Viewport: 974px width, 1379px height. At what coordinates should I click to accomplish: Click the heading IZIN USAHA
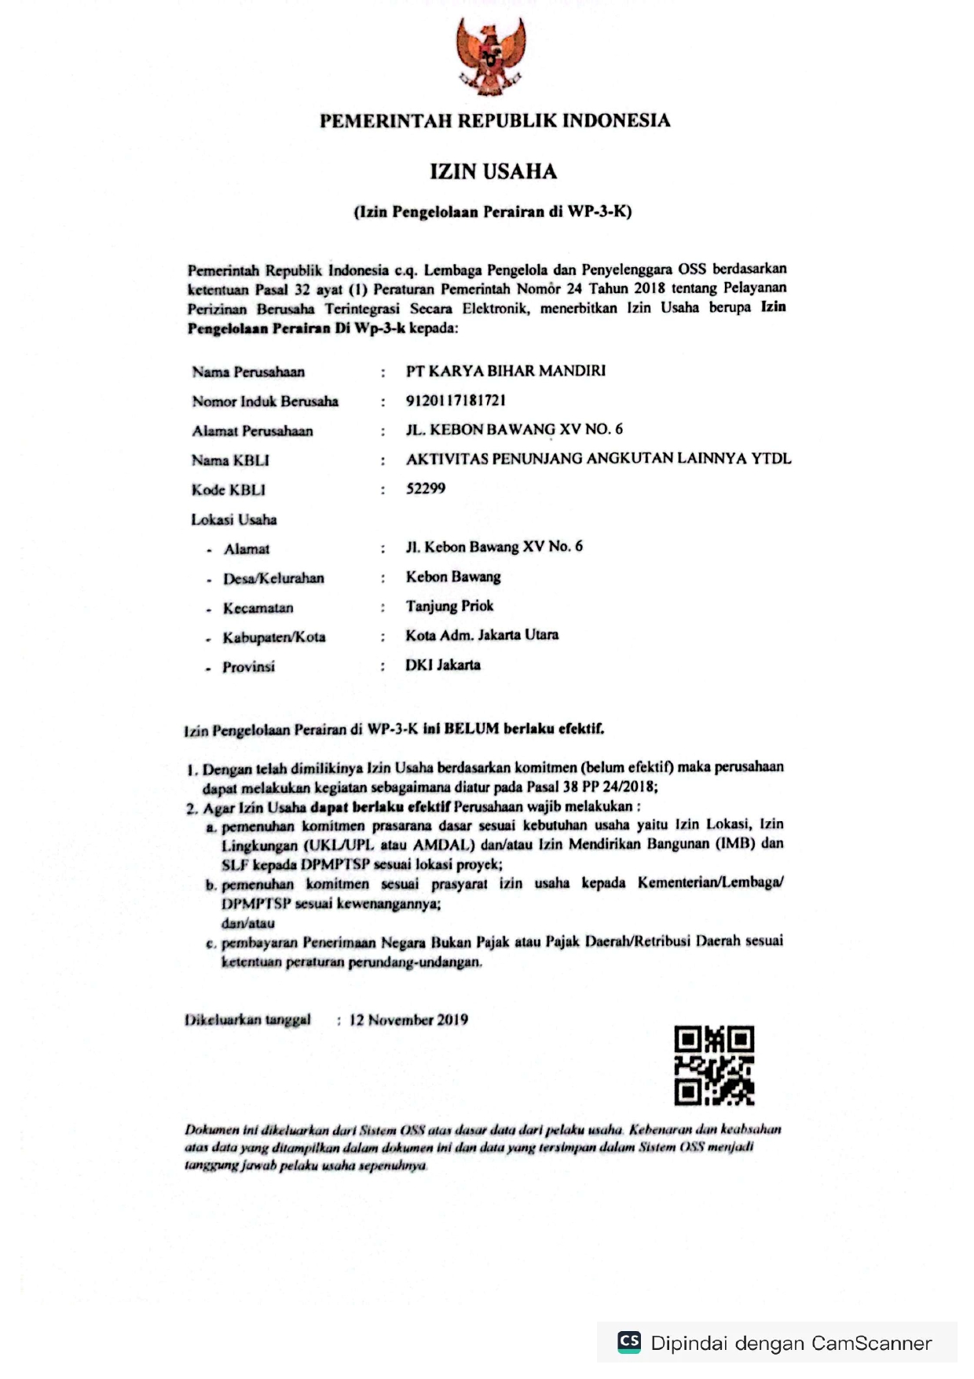(x=493, y=171)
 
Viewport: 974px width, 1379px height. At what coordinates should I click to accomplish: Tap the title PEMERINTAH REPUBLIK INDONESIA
(x=495, y=121)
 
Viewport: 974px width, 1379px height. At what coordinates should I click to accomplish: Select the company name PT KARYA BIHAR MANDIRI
(x=506, y=371)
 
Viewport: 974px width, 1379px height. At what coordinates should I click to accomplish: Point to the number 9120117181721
(x=456, y=401)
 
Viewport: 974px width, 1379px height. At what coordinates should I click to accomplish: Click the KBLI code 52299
(x=426, y=489)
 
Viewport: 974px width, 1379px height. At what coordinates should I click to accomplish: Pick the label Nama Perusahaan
(x=248, y=372)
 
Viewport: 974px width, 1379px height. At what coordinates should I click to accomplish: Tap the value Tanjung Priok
(x=449, y=606)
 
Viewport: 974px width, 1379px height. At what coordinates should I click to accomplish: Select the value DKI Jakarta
(x=443, y=665)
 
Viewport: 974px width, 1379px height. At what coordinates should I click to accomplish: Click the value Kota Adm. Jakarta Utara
(x=482, y=635)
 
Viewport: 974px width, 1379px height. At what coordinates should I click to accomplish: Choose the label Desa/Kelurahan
(x=273, y=578)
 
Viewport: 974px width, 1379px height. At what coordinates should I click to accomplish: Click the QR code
(x=714, y=1065)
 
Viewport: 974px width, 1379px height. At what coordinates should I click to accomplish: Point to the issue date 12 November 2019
(x=408, y=1020)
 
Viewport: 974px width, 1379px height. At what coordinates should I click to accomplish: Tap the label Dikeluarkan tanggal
(x=247, y=1020)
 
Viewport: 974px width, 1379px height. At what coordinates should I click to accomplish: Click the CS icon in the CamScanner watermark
(x=629, y=1341)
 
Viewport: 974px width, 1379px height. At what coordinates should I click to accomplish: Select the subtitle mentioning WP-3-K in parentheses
(x=492, y=211)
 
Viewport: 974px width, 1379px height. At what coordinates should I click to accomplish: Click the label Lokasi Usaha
(x=234, y=519)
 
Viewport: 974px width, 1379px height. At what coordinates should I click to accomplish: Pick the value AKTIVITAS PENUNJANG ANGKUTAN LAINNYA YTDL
(x=599, y=459)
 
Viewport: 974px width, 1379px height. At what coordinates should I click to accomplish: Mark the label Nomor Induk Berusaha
(x=265, y=402)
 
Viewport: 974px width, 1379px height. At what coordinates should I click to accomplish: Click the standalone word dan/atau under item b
(x=247, y=923)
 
